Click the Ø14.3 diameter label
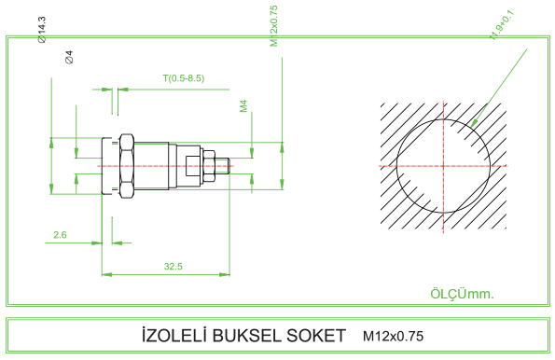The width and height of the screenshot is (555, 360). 42,30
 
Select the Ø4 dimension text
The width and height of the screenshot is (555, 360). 69,57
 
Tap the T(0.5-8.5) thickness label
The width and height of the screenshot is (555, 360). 184,78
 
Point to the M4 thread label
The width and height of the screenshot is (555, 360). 243,106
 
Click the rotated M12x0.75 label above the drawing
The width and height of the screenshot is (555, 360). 273,26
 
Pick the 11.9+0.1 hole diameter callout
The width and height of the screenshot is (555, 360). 502,25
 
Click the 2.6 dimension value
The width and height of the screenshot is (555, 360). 60,235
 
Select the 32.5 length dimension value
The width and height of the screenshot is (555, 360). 173,266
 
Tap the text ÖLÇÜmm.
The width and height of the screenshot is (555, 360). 462,294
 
